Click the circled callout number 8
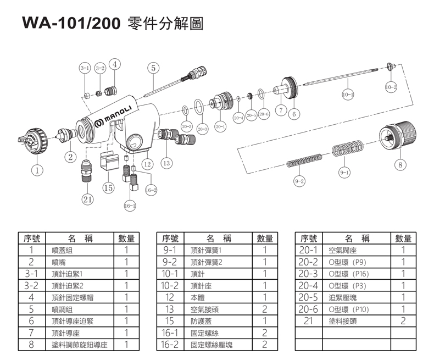click(400, 164)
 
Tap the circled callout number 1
click(37, 170)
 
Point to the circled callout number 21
click(87, 200)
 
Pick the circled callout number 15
click(108, 187)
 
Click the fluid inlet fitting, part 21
click(87, 170)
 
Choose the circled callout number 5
click(154, 68)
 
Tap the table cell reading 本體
click(198, 297)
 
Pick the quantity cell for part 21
click(403, 321)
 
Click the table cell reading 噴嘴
click(59, 262)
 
